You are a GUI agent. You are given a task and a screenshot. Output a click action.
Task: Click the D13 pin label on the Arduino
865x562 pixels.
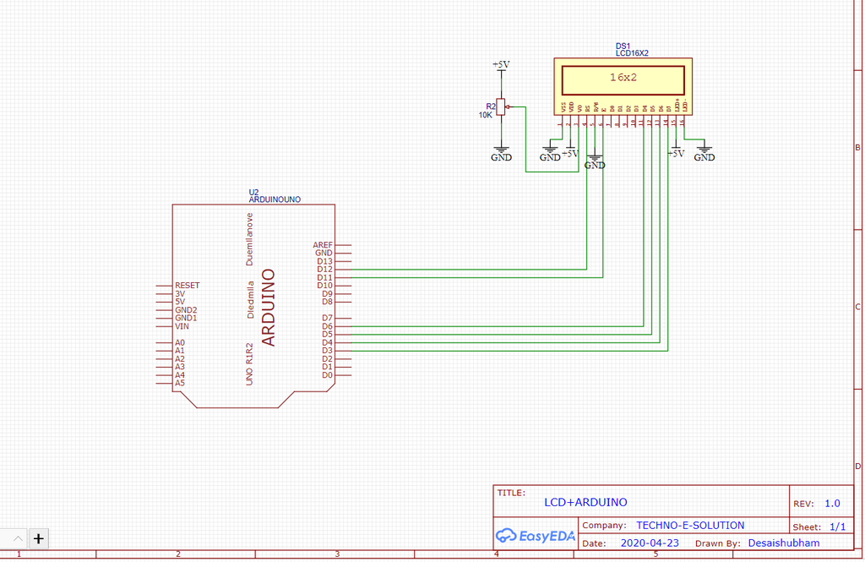325,261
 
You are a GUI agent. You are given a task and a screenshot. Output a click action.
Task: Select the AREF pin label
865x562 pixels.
323,244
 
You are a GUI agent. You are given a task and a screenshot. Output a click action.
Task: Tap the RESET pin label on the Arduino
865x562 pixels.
187,286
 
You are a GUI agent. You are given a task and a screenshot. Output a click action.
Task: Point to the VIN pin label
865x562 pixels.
182,326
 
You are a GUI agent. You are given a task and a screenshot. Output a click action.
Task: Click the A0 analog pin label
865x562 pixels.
179,342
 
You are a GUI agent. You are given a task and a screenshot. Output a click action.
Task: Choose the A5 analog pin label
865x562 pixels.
179,383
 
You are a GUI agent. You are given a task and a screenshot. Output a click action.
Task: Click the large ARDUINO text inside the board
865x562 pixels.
269,308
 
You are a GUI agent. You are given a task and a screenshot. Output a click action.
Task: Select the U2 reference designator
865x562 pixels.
253,192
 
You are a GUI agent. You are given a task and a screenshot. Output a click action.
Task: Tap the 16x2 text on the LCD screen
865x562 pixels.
623,77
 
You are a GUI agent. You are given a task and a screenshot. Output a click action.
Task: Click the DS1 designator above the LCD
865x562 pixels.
623,46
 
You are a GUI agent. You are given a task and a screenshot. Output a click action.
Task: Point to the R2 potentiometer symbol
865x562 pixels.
501,106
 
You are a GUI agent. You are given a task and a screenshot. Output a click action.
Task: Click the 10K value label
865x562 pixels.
485,115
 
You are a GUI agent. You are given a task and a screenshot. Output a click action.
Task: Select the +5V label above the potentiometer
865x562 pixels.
501,64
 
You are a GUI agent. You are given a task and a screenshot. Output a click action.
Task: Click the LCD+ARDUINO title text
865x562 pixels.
585,502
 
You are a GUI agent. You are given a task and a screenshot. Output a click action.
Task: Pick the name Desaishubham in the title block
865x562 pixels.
783,543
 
